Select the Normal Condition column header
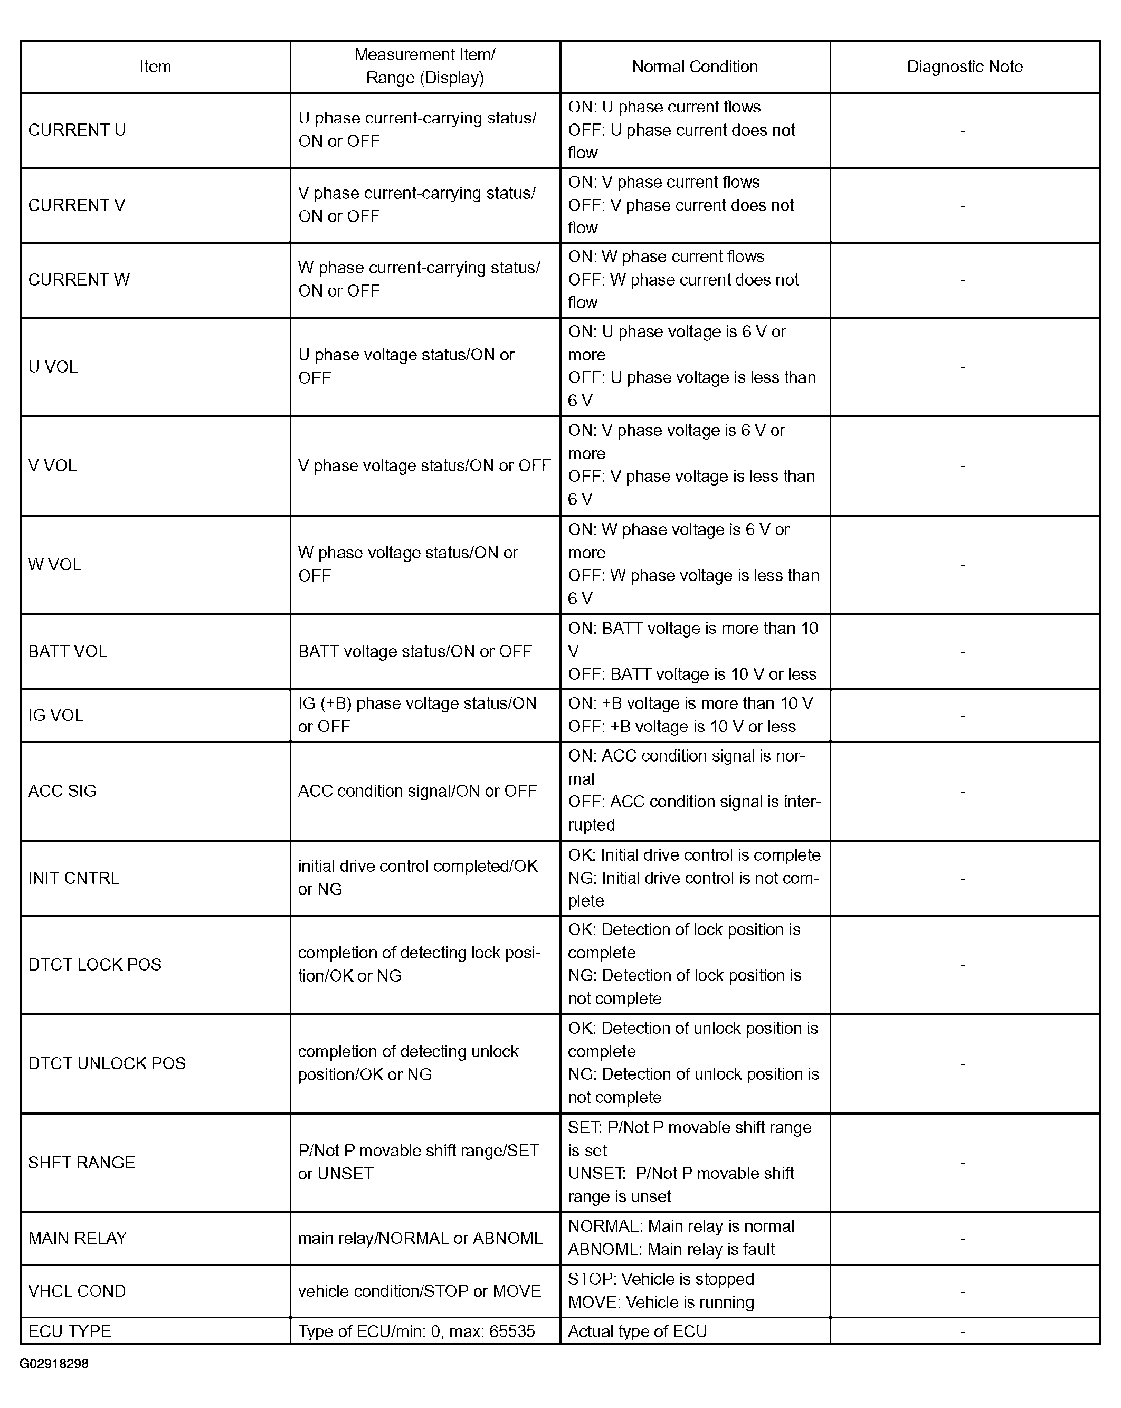tap(695, 66)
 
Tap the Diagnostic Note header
tap(964, 66)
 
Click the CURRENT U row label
tap(77, 130)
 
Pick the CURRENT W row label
tap(79, 280)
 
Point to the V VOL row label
tap(52, 465)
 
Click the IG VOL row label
tap(55, 715)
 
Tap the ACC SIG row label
tap(62, 791)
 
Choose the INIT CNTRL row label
tap(74, 878)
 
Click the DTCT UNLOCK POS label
tap(107, 1063)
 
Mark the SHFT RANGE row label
tap(82, 1163)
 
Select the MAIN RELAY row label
tap(77, 1238)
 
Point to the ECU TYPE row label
tap(69, 1331)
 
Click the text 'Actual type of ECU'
tap(637, 1331)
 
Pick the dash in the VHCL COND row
tap(963, 1291)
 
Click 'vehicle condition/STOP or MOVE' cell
tap(420, 1291)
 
